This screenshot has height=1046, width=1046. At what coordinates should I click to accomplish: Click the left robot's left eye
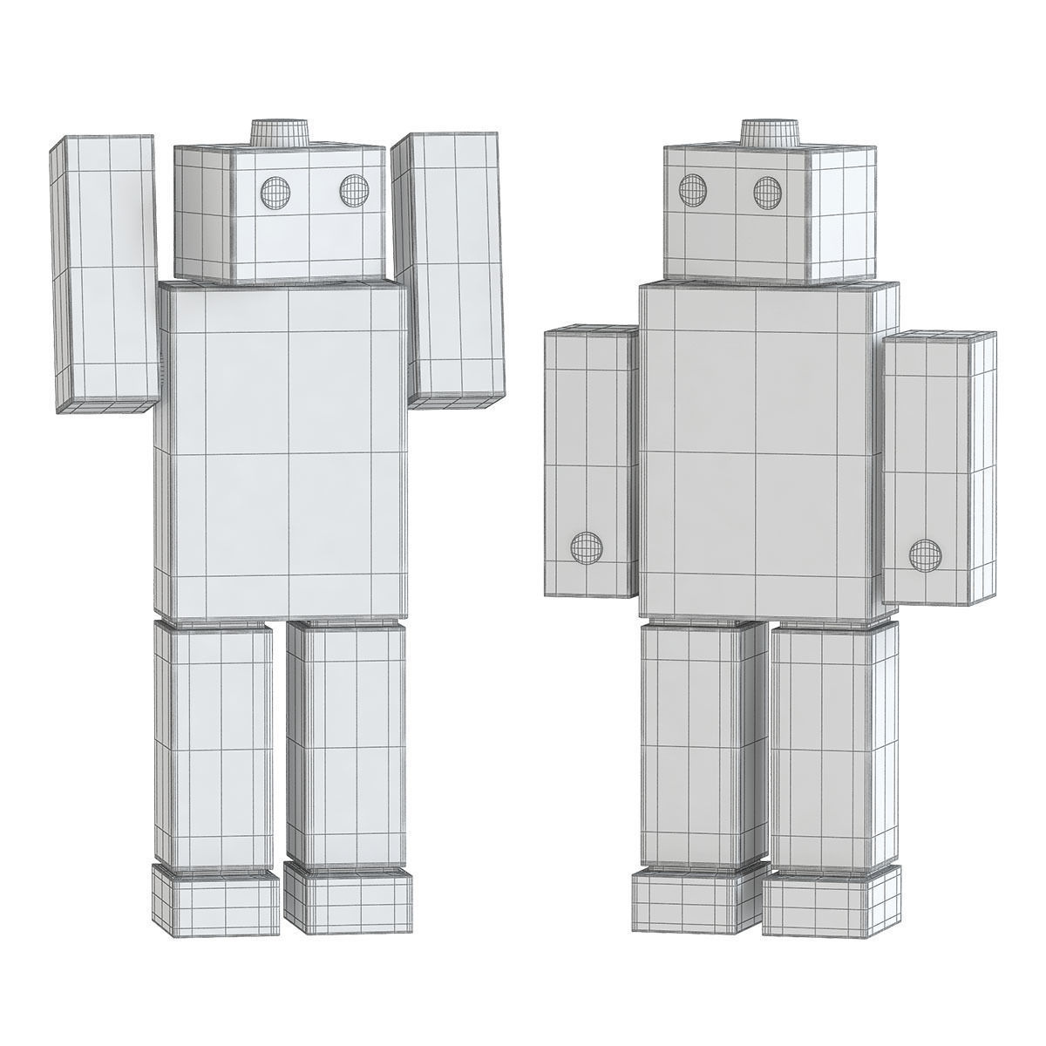[273, 192]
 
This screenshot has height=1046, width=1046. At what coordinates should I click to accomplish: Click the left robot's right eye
[353, 190]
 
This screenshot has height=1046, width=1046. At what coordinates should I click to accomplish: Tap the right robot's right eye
[767, 190]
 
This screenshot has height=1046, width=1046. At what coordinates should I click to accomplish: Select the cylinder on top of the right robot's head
[770, 132]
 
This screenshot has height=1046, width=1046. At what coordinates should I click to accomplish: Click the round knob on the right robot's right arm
[925, 554]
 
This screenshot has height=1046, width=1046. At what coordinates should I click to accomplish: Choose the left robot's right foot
[347, 897]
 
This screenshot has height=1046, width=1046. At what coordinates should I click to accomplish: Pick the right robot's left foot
[689, 902]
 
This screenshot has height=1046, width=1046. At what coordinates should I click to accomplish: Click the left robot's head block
[279, 214]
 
